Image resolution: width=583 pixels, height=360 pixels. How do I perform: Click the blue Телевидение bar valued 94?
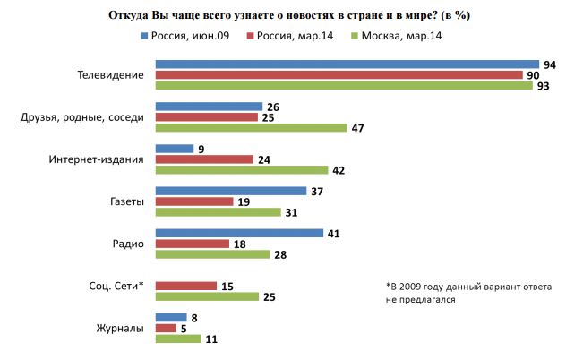(x=347, y=64)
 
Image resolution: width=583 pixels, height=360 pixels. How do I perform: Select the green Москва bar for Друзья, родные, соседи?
(x=251, y=128)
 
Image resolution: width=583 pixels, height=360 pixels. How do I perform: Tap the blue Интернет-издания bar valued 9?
(x=175, y=149)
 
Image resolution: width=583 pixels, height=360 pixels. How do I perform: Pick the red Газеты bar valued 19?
(x=194, y=201)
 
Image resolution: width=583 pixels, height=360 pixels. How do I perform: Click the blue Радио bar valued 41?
(x=239, y=233)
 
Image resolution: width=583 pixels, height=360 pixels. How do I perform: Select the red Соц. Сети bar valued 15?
(x=186, y=286)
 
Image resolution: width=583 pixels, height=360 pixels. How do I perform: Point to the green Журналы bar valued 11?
(x=178, y=339)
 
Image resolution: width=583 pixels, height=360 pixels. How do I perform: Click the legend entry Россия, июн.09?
(x=187, y=36)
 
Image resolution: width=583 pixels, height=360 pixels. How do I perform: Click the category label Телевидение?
(x=112, y=75)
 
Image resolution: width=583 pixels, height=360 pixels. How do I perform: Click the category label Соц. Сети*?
(x=116, y=286)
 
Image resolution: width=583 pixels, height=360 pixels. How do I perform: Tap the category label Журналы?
(x=120, y=328)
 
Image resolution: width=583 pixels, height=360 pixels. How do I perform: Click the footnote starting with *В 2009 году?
(x=468, y=293)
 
